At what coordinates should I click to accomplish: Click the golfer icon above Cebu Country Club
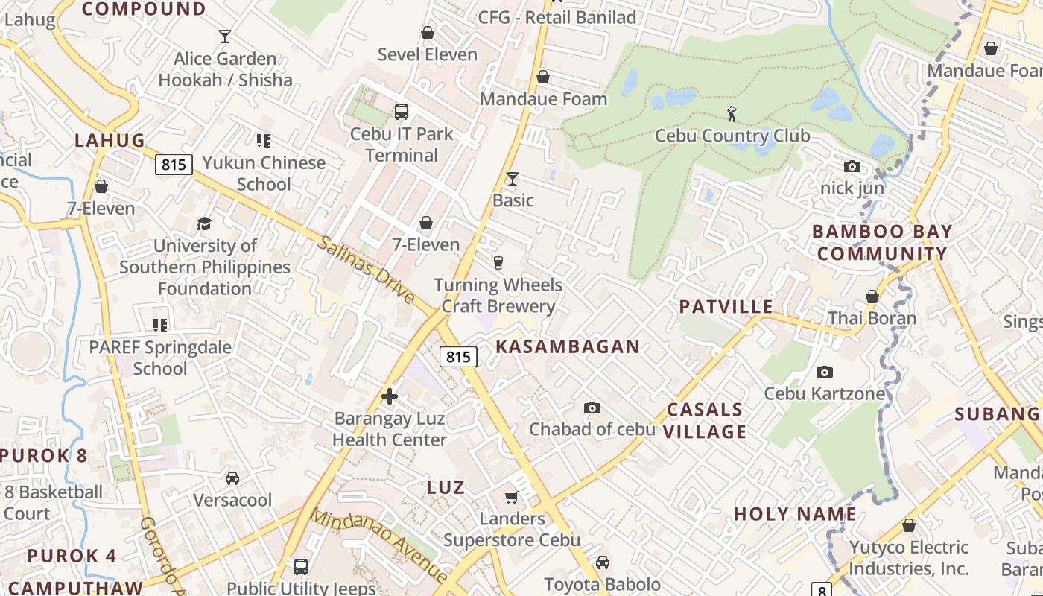tap(732, 114)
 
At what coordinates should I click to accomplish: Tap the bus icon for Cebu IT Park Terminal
tap(402, 112)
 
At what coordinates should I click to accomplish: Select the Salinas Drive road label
tap(367, 269)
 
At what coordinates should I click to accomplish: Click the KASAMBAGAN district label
tap(568, 346)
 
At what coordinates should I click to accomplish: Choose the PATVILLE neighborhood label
tap(726, 307)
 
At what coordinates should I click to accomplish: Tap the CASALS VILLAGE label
tap(705, 420)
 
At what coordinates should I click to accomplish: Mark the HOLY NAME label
tap(795, 514)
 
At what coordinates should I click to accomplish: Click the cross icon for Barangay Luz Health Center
tap(389, 396)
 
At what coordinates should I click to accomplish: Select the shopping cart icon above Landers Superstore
tap(511, 497)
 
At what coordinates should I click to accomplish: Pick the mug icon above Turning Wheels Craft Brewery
tap(498, 262)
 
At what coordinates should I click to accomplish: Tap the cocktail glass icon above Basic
tap(513, 178)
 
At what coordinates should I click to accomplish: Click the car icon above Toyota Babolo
tap(602, 562)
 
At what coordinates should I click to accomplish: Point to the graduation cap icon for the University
tap(204, 223)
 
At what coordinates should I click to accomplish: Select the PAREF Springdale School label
tap(160, 358)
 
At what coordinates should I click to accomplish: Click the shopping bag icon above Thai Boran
tap(872, 297)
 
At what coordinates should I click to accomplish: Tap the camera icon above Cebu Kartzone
tap(824, 372)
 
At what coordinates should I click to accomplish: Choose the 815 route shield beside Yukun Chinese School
tap(174, 165)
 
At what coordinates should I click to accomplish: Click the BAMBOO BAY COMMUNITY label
tap(882, 242)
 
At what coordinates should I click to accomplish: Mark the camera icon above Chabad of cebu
tap(592, 408)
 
